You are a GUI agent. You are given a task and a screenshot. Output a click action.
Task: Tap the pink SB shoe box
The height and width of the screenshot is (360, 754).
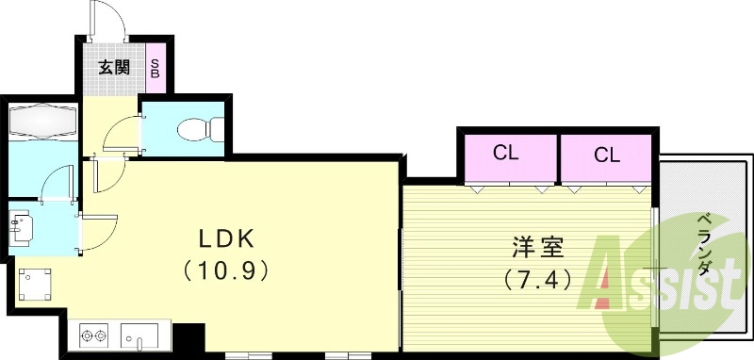[156, 67]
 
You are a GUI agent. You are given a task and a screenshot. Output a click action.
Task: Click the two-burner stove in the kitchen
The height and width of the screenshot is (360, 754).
[94, 335]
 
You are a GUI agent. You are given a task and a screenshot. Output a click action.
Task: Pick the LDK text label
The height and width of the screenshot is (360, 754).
[226, 237]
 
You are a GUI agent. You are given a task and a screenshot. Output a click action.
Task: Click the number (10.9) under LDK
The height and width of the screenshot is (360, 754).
[226, 270]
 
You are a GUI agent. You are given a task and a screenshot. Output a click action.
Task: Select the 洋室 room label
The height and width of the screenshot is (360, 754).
[538, 248]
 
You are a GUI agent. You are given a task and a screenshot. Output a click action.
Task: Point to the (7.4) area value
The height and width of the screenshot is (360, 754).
[538, 279]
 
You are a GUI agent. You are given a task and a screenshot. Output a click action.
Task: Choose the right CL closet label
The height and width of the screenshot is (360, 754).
[606, 155]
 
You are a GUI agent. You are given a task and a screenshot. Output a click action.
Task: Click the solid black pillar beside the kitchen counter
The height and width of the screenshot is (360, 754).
[189, 336]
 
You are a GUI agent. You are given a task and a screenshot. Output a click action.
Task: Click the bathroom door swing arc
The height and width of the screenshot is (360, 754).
[58, 183]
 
